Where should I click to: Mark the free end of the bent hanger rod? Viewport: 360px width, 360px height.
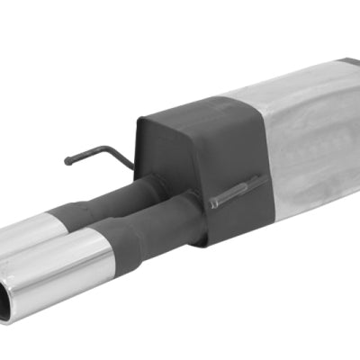click(x=68, y=162)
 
